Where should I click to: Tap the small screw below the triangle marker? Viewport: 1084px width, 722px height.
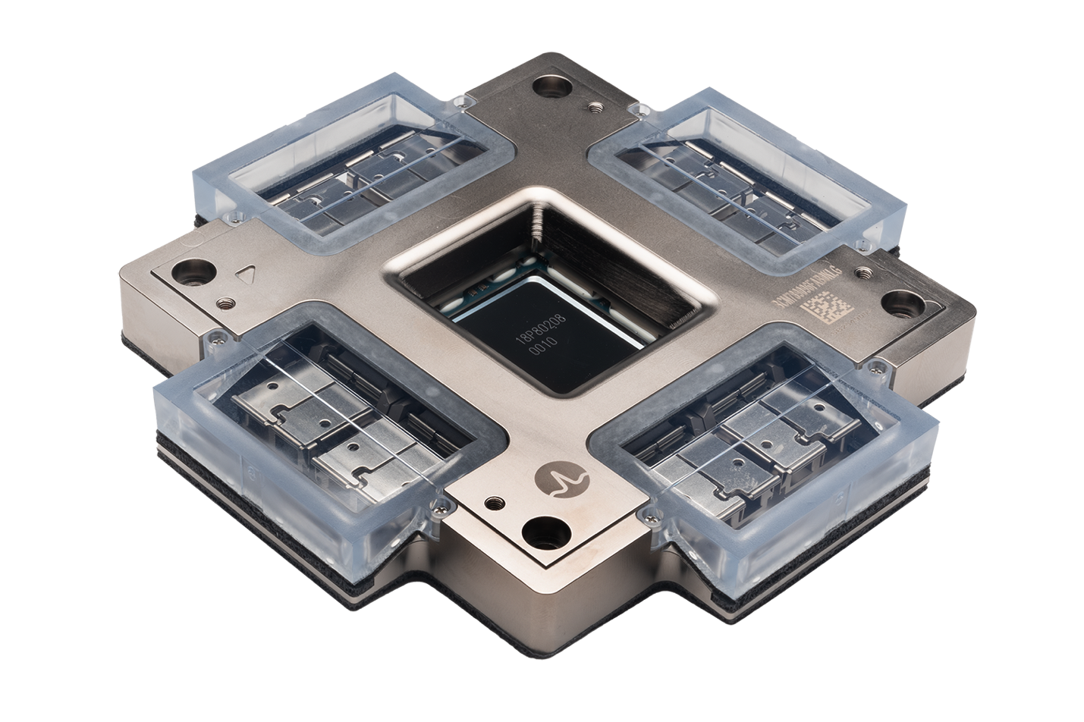[224, 303]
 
